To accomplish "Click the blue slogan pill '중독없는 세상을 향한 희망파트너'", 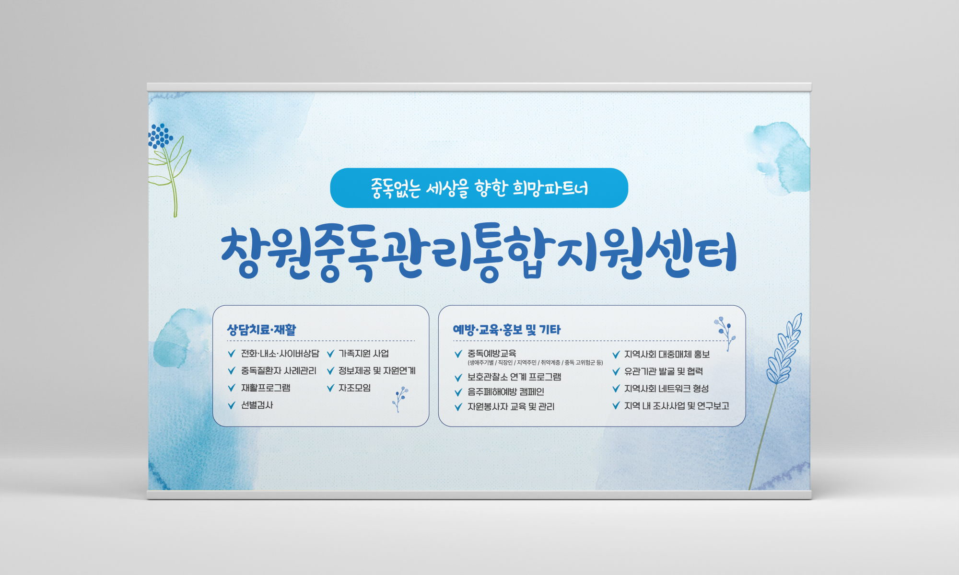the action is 479,188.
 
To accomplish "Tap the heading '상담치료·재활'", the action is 261,330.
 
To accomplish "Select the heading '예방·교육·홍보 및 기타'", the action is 506,330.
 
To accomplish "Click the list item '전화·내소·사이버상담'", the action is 280,354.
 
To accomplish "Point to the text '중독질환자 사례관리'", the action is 279,371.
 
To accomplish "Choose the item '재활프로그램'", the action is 266,388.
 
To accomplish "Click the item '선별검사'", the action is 257,405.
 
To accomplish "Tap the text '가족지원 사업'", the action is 363,354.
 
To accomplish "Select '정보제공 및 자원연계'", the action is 377,371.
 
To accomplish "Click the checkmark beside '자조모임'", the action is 330,388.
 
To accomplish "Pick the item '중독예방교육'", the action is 491,354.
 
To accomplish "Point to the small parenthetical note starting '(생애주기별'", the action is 535,363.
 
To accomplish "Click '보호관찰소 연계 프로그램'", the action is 514,377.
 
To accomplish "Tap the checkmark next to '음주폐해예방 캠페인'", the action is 458,392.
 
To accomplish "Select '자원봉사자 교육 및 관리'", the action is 511,407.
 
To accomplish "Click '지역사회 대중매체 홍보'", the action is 667,355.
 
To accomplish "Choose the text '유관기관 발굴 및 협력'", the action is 664,371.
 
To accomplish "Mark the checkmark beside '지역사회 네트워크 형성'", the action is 616,389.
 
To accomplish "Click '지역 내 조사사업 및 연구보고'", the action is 677,406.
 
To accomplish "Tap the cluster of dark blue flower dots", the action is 160,136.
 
